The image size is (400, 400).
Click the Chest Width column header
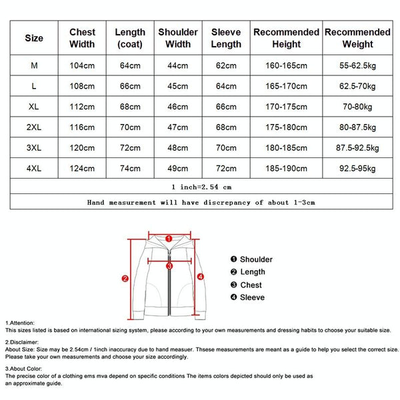click(82, 38)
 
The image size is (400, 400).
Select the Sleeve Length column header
click(225, 38)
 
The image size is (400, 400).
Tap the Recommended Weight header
click(357, 38)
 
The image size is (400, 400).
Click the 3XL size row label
click(34, 148)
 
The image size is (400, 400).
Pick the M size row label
click(34, 65)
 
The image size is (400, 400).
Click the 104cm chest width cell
click(82, 65)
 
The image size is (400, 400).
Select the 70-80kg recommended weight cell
click(357, 107)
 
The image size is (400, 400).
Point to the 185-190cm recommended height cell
click(287, 169)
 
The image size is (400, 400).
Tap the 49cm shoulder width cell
click(178, 169)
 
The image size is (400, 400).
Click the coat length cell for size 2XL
click(130, 127)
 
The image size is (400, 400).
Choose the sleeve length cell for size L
click(225, 86)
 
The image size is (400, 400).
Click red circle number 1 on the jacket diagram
click(169, 237)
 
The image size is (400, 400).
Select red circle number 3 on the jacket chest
click(169, 265)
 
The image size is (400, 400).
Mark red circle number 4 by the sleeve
click(201, 276)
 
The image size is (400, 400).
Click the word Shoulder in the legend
click(256, 259)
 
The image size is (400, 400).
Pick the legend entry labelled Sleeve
click(252, 297)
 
